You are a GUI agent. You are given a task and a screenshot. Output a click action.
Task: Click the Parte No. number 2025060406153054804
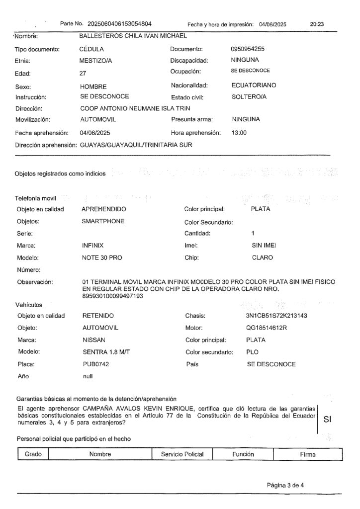(119, 23)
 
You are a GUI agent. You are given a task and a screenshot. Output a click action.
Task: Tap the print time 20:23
(317, 23)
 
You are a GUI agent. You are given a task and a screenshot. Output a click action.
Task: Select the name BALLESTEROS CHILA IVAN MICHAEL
(133, 36)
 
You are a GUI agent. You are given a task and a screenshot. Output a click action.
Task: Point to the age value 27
(83, 73)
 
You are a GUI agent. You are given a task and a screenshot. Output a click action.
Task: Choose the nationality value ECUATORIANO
(254, 85)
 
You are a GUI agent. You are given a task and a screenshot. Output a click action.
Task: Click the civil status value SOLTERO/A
(249, 97)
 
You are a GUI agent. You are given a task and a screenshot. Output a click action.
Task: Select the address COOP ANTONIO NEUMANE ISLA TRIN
(135, 108)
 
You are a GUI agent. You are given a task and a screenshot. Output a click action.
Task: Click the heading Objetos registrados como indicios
(60, 174)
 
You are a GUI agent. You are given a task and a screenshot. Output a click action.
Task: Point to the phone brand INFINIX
(92, 245)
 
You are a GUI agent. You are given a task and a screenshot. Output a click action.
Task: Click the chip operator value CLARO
(263, 257)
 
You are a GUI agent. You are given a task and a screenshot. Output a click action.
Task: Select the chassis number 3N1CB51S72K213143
(276, 316)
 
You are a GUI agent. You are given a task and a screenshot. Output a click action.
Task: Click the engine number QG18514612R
(267, 328)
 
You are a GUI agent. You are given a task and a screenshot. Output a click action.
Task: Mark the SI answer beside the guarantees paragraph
(327, 419)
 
